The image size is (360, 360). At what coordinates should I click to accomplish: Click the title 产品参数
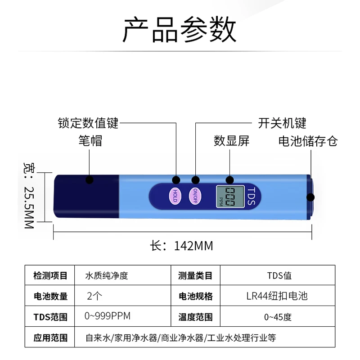(x=180, y=29)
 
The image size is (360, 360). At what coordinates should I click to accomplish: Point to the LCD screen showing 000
(x=230, y=197)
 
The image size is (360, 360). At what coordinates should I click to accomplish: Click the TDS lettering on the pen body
(x=251, y=197)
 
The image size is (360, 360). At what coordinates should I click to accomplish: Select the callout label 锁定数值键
(x=88, y=122)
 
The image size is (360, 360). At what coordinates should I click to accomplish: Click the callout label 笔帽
(x=90, y=140)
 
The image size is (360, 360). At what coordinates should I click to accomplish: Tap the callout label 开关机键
(x=282, y=122)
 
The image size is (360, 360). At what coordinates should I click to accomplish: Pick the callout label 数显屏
(x=231, y=140)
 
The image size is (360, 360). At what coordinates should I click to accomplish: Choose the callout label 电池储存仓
(x=308, y=140)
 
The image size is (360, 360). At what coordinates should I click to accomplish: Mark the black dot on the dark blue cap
(x=90, y=180)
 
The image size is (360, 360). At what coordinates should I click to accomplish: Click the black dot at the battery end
(x=310, y=197)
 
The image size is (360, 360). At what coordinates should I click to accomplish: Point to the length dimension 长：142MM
(x=181, y=246)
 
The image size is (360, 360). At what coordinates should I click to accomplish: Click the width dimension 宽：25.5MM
(x=28, y=195)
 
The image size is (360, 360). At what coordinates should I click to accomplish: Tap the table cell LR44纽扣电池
(x=277, y=296)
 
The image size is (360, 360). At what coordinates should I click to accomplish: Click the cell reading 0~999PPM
(x=108, y=316)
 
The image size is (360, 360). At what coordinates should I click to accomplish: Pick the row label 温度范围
(x=195, y=317)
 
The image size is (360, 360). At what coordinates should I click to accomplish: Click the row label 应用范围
(x=50, y=337)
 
